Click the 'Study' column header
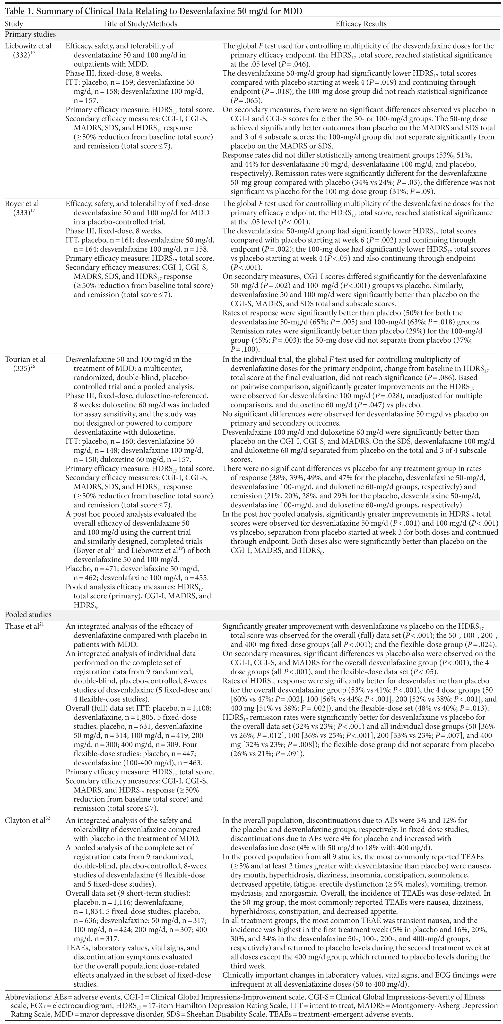coord(14,24)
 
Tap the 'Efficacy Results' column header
coord(361,24)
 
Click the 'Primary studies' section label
coord(30,34)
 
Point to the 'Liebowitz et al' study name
coord(28,46)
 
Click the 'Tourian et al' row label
coord(25,359)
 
